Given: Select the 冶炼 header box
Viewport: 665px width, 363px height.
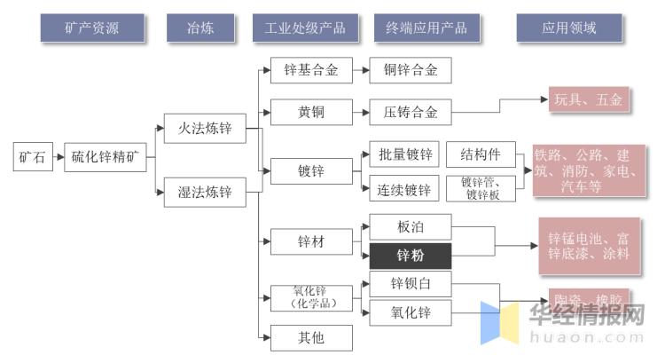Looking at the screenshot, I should (201, 28).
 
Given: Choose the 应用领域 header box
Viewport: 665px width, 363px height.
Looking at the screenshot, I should (568, 28).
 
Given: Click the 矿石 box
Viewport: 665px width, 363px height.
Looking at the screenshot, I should (32, 158).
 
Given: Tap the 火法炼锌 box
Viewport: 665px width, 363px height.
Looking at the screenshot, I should (205, 130).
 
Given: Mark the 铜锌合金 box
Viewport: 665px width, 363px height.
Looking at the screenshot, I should (410, 70).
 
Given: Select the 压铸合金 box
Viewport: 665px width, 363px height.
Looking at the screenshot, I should (410, 113).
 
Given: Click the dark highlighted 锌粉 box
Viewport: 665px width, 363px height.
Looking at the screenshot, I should (410, 256).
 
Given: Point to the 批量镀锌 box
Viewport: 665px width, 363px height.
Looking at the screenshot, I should (404, 155).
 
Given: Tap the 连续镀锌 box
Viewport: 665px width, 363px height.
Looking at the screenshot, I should (404, 189).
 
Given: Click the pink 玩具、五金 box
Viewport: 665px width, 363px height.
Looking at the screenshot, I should (588, 100).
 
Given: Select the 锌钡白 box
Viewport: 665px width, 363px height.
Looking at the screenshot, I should (410, 284).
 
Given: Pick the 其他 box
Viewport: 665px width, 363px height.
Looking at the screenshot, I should (310, 338).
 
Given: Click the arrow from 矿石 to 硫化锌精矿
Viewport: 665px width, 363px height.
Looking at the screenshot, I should (58, 158).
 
